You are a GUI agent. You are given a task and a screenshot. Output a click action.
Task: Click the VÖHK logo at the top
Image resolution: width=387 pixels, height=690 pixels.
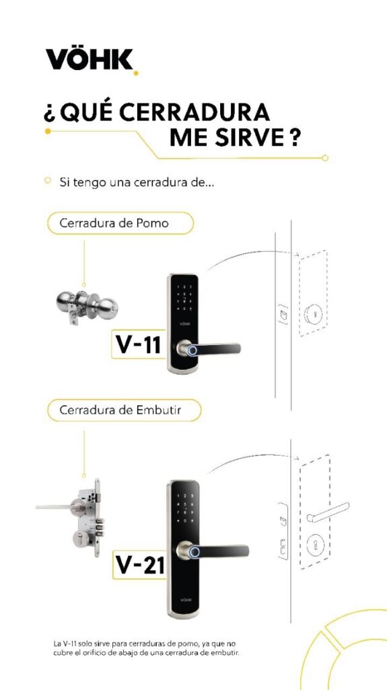click(91, 61)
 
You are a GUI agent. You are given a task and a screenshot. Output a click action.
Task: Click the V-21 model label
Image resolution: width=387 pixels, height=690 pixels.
click(140, 565)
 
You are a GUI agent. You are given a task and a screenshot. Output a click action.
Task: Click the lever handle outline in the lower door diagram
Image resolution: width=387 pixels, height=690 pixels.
click(326, 511)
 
